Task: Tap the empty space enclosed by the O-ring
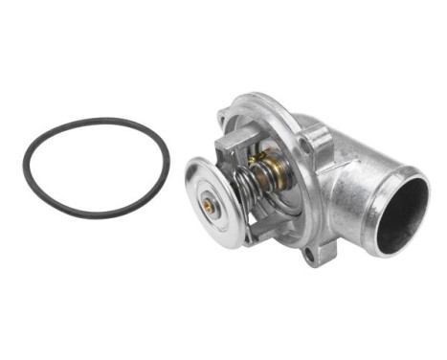tap(95, 167)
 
